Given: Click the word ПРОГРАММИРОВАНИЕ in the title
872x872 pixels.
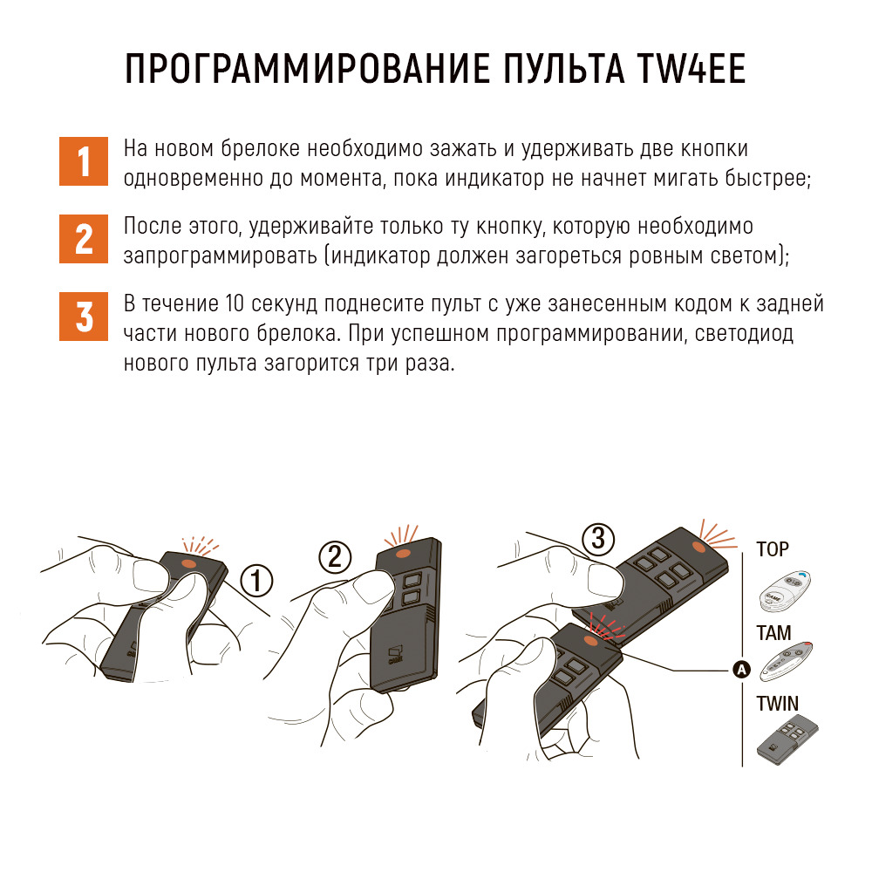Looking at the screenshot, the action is click(308, 69).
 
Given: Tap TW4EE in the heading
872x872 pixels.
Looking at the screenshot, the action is click(691, 69).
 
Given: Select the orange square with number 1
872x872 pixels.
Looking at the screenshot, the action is click(84, 161).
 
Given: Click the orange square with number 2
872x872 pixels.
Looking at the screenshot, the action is click(84, 239).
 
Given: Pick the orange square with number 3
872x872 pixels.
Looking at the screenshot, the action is click(84, 317).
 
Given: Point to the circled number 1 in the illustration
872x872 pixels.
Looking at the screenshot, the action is click(256, 581).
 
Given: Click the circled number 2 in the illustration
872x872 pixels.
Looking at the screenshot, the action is click(335, 556).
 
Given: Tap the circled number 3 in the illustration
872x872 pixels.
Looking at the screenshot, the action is click(598, 539).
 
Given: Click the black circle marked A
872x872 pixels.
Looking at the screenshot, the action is click(741, 670).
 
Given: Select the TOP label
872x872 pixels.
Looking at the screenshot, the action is click(773, 549).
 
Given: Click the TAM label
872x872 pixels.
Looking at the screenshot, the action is click(773, 633).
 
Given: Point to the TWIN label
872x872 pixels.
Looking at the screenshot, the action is click(777, 704).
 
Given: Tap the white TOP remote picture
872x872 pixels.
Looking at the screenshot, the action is click(785, 591).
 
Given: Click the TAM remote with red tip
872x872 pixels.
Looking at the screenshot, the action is click(786, 661).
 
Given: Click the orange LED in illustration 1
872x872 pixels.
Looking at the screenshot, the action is click(189, 562).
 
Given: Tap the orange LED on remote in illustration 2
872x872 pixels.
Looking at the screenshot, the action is click(404, 554).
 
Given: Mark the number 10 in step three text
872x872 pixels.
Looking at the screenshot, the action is click(235, 303).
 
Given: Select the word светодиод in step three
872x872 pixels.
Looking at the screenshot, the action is click(744, 334).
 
